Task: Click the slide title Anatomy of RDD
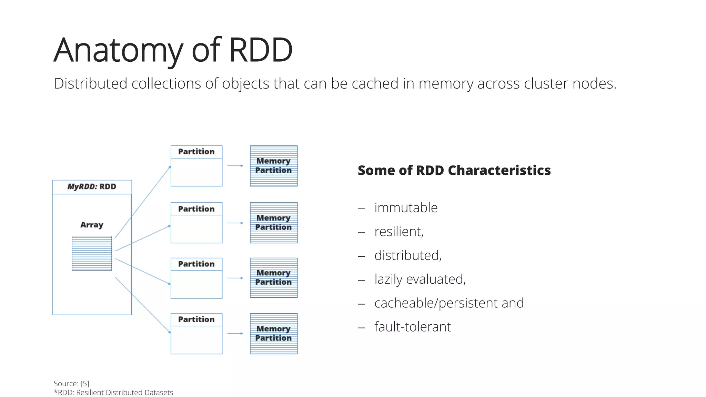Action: pyautogui.click(x=173, y=50)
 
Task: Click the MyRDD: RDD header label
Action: pyautogui.click(x=92, y=187)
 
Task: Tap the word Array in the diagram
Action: pyautogui.click(x=92, y=225)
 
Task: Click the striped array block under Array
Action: pyautogui.click(x=92, y=253)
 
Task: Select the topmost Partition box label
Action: pyautogui.click(x=196, y=152)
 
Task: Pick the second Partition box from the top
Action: pyautogui.click(x=196, y=223)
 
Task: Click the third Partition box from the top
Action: pyautogui.click(x=196, y=278)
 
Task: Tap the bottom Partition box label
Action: pyautogui.click(x=196, y=319)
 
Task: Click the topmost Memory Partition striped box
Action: pyautogui.click(x=274, y=166)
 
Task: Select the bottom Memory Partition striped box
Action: pyautogui.click(x=274, y=334)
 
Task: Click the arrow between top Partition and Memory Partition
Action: pyautogui.click(x=235, y=166)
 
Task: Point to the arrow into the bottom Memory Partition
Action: pyautogui.click(x=235, y=334)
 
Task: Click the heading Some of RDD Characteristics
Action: pyautogui.click(x=454, y=170)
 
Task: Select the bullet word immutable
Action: pyautogui.click(x=406, y=208)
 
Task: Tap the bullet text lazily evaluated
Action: pyautogui.click(x=420, y=279)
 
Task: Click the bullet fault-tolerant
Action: pyautogui.click(x=412, y=327)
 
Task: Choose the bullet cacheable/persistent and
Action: pyautogui.click(x=449, y=303)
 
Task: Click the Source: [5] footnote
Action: pyautogui.click(x=71, y=384)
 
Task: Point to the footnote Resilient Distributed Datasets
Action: pyautogui.click(x=124, y=393)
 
